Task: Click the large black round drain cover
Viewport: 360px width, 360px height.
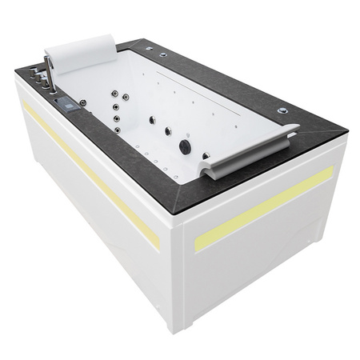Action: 186,146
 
